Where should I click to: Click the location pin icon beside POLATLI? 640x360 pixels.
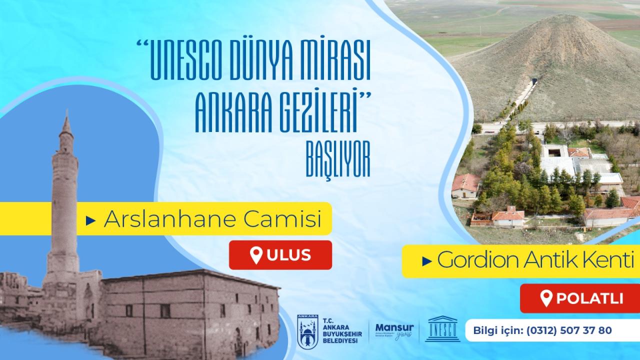coord(547,298)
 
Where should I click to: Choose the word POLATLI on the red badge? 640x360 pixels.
coord(589,299)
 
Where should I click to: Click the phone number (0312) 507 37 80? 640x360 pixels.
coord(567,330)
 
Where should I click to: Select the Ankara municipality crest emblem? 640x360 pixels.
coord(307,330)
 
